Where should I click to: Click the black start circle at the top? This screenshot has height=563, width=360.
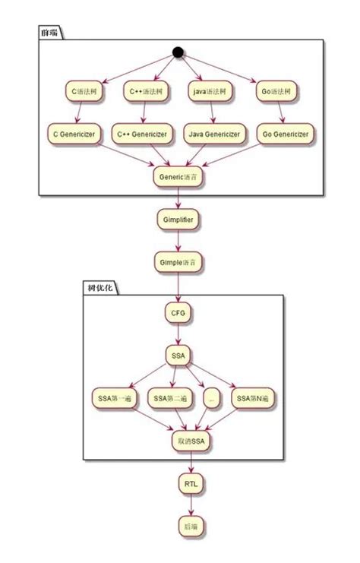tap(178, 52)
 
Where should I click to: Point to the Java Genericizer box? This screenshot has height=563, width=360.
tap(213, 134)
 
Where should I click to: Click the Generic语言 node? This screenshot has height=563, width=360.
tap(178, 177)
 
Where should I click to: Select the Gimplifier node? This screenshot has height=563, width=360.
tap(178, 220)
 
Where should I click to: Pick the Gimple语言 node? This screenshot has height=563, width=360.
tap(178, 262)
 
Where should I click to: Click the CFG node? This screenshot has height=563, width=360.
tap(178, 312)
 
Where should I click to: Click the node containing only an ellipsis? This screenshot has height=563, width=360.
tap(210, 397)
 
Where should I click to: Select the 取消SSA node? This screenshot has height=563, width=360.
tap(190, 440)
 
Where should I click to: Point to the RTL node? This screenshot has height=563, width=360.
tap(190, 483)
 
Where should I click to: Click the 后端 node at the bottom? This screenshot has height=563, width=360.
tap(190, 527)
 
